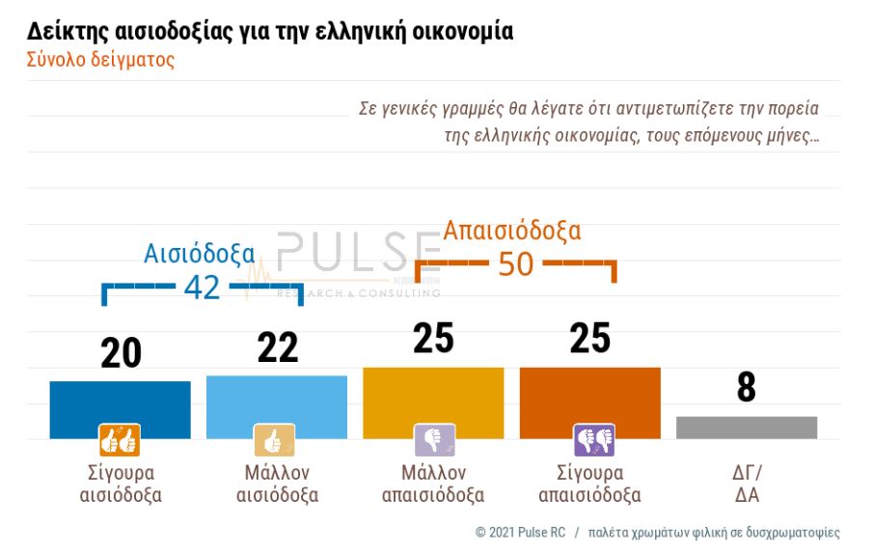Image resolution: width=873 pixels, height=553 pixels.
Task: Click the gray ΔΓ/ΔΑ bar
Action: [746, 428]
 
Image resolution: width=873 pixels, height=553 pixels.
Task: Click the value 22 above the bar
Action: [278, 348]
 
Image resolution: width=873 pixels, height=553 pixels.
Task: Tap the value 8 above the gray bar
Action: [746, 388]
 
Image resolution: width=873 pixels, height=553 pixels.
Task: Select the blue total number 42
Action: [202, 287]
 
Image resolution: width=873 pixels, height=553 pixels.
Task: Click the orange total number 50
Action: [515, 263]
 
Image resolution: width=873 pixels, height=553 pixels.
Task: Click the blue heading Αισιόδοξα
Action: [200, 254]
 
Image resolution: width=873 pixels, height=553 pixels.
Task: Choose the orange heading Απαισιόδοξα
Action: [511, 232]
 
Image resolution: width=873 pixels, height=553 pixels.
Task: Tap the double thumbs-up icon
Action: [120, 440]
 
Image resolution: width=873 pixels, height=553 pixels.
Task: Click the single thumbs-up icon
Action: [274, 440]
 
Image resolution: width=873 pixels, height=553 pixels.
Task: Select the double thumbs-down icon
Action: [593, 440]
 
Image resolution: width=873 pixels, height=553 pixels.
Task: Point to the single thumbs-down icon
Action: [434, 440]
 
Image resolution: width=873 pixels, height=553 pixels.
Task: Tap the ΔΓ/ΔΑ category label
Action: [746, 484]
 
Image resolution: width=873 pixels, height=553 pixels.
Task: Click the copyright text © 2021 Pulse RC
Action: [520, 533]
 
